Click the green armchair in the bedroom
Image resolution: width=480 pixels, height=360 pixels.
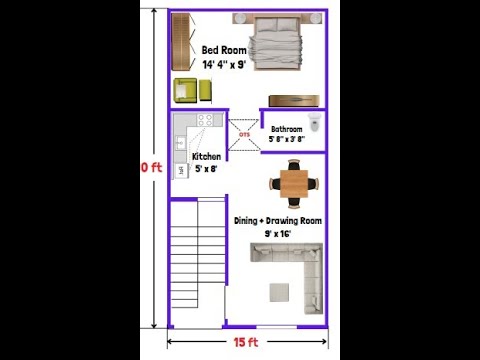pyautogui.click(x=186, y=90)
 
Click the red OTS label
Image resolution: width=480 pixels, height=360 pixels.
pyautogui.click(x=243, y=132)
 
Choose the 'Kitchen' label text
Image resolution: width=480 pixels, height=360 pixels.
pyautogui.click(x=207, y=157)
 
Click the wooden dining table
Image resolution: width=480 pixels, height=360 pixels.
pyautogui.click(x=294, y=183)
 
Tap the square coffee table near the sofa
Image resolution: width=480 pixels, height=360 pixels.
pyautogui.click(x=280, y=291)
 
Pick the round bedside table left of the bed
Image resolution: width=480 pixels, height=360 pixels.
pyautogui.click(x=240, y=17)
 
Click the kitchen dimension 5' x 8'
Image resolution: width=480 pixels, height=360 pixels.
pyautogui.click(x=207, y=169)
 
